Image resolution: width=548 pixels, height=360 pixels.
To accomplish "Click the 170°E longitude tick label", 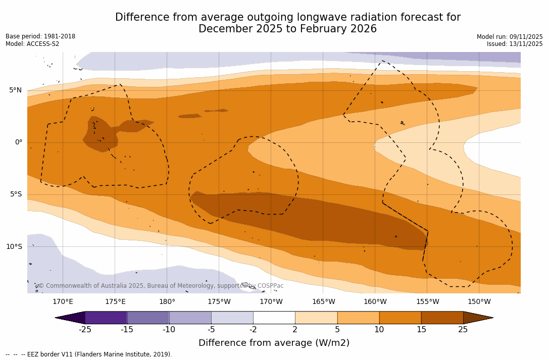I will tap(63, 302).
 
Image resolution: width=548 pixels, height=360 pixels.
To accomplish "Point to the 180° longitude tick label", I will tap(167, 302).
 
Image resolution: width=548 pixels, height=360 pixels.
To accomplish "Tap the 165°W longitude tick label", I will tap(323, 302).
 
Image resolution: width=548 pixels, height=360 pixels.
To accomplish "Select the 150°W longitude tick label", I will tap(479, 302).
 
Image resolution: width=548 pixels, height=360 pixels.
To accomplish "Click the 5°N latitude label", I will tap(15, 90).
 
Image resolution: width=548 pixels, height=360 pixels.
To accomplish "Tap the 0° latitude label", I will tap(18, 142).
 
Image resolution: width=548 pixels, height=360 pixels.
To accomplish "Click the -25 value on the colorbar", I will tap(85, 330).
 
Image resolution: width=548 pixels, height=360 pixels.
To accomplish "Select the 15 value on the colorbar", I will tap(421, 330).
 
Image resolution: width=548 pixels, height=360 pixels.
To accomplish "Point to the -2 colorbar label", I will tap(253, 330).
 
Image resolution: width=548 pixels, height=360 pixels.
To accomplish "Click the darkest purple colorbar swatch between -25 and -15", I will tap(106, 318).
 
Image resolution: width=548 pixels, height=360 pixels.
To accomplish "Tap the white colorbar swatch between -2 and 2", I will tap(274, 318).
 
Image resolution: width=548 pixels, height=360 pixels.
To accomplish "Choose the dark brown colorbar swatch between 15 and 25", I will tap(442, 318).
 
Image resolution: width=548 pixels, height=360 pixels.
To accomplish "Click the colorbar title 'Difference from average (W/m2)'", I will tap(274, 343).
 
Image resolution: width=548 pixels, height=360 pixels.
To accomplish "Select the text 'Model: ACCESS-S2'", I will tap(32, 44).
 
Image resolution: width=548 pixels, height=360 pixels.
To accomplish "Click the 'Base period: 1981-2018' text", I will tap(40, 37).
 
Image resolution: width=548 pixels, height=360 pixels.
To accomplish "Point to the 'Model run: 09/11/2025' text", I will tap(510, 37).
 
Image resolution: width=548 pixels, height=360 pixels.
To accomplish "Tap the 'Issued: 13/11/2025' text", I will tap(515, 44).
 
